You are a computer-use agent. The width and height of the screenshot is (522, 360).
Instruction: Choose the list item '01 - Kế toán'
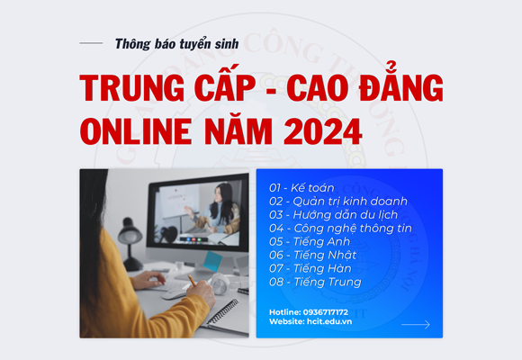click(x=301, y=187)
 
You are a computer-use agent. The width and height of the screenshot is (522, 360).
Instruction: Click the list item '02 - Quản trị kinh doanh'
click(x=337, y=201)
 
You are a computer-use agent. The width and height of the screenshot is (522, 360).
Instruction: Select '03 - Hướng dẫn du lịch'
click(x=332, y=214)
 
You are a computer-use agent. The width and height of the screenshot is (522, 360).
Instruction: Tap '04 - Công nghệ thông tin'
click(x=339, y=228)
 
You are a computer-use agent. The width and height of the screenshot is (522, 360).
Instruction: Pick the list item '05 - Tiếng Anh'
click(x=309, y=241)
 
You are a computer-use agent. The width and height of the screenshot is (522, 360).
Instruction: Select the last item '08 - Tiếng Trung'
click(x=314, y=282)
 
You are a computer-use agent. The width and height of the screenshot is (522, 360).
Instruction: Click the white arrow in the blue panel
click(x=415, y=324)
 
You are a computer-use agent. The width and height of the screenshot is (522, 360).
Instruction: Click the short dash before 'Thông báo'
click(x=91, y=43)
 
